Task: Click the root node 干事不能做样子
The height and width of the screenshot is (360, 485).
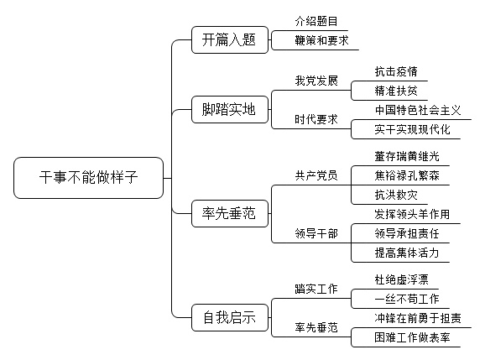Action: pos(88,178)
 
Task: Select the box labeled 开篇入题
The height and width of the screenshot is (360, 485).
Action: pos(230,40)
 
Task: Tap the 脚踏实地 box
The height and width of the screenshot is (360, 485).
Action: pos(230,109)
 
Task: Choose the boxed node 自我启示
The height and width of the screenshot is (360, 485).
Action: pos(230,318)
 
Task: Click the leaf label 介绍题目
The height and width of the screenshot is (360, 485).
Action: pos(316,21)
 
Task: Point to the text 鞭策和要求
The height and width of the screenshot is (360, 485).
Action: pos(321,40)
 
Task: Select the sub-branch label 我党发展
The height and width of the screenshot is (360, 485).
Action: pos(316,81)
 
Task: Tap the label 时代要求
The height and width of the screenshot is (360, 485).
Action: pos(316,119)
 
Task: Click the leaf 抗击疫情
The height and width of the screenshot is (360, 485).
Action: pos(396,71)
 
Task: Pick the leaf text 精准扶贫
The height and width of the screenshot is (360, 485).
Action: pos(396,91)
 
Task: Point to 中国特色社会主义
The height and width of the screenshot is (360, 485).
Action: pos(418,110)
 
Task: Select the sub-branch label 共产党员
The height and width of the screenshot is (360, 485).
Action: pos(316,175)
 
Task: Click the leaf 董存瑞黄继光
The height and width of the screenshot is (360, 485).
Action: pos(407,156)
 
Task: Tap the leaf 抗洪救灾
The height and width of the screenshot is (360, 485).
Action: pos(396,196)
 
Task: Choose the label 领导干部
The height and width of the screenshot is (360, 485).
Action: pos(316,233)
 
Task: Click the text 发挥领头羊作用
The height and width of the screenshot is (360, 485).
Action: pos(412,214)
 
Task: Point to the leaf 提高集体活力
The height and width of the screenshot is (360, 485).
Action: pos(407,253)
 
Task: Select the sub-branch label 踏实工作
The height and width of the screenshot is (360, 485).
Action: pos(316,290)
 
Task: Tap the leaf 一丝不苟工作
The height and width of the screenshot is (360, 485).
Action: pos(407,299)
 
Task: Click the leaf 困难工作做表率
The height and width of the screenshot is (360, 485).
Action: pos(412,337)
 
